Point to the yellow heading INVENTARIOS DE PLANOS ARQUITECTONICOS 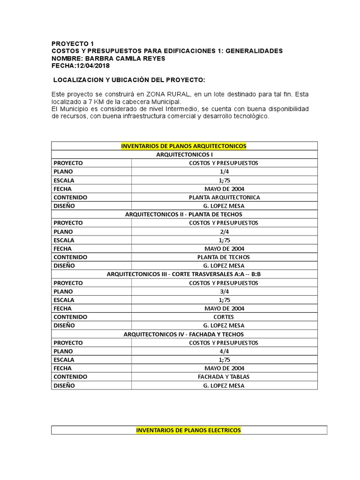coord(184,146)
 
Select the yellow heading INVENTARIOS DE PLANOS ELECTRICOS coord(188,430)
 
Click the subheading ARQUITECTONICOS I coord(184,155)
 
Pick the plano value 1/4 coord(224,172)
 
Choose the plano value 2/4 coord(224,232)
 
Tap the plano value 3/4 coord(224,292)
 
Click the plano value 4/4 coord(224,351)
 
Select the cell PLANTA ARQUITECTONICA coord(224,197)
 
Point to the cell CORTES coord(224,317)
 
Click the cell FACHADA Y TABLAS coord(224,377)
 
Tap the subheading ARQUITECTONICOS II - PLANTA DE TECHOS coord(184,214)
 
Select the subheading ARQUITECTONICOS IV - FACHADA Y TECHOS coord(184,334)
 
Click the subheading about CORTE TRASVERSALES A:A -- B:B coord(184,274)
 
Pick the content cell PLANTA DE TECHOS coord(224,257)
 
